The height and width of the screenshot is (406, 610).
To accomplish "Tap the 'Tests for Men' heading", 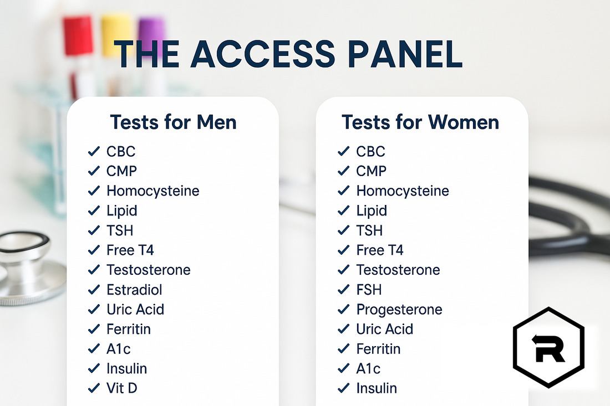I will pos(173,122).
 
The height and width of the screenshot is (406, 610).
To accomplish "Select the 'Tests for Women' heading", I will pos(420,122).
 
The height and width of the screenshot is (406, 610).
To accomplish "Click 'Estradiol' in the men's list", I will pos(134,290).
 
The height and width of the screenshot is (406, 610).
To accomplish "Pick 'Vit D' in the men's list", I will pos(121,388).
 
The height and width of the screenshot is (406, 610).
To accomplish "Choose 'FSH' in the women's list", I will pos(369,290).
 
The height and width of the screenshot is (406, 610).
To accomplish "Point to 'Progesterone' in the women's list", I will pos(399,310).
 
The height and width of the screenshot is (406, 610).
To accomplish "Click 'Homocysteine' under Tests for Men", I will pos(152,191).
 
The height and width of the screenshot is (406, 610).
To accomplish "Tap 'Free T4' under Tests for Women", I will pos(380,250).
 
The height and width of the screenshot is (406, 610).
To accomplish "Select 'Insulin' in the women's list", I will pos(377,388).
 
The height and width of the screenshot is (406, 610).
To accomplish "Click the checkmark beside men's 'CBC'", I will pos(94,152).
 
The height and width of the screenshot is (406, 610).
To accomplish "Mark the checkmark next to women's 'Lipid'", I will pos(344,211).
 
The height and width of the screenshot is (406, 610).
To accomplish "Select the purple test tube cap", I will pos(152,31).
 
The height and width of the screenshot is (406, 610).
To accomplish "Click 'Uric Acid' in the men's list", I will pos(135,310).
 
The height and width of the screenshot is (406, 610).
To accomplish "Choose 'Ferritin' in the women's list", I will pos(378,349).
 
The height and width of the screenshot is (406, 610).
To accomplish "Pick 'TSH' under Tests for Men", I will pos(120,230).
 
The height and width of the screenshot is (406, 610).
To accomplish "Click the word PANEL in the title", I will pos(406,54).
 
